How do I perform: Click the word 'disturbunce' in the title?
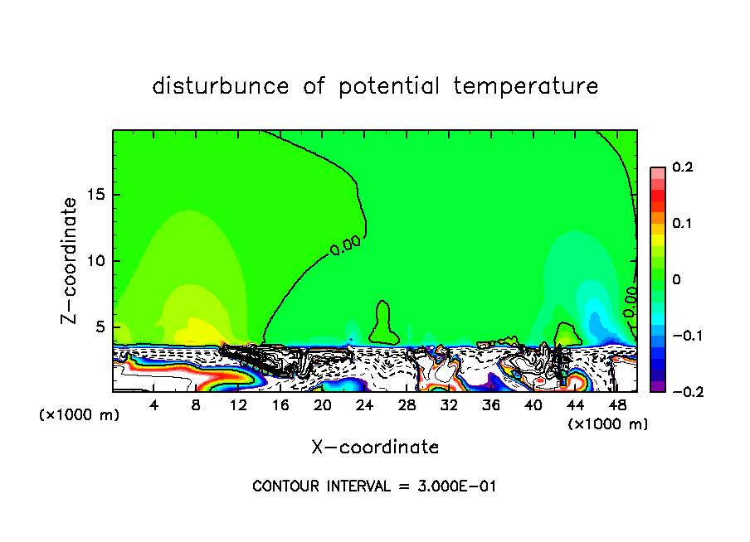point(220,86)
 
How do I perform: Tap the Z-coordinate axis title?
point(70,260)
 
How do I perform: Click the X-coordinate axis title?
point(375,448)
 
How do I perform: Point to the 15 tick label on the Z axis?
point(97,195)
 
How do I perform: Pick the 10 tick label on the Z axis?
point(97,261)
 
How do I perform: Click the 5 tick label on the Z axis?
point(101,327)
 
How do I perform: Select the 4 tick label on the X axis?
point(154,405)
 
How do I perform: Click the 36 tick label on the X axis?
point(490,405)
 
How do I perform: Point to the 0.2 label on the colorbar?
point(682,167)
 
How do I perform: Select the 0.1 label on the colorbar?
point(682,224)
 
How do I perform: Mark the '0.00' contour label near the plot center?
point(344,245)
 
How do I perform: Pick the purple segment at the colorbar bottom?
point(657,386)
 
